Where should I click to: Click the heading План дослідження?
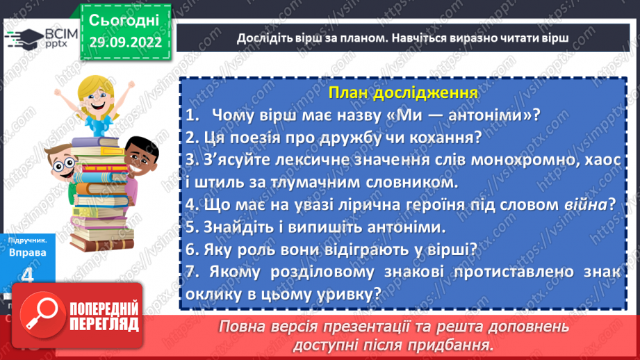click(403, 93)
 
